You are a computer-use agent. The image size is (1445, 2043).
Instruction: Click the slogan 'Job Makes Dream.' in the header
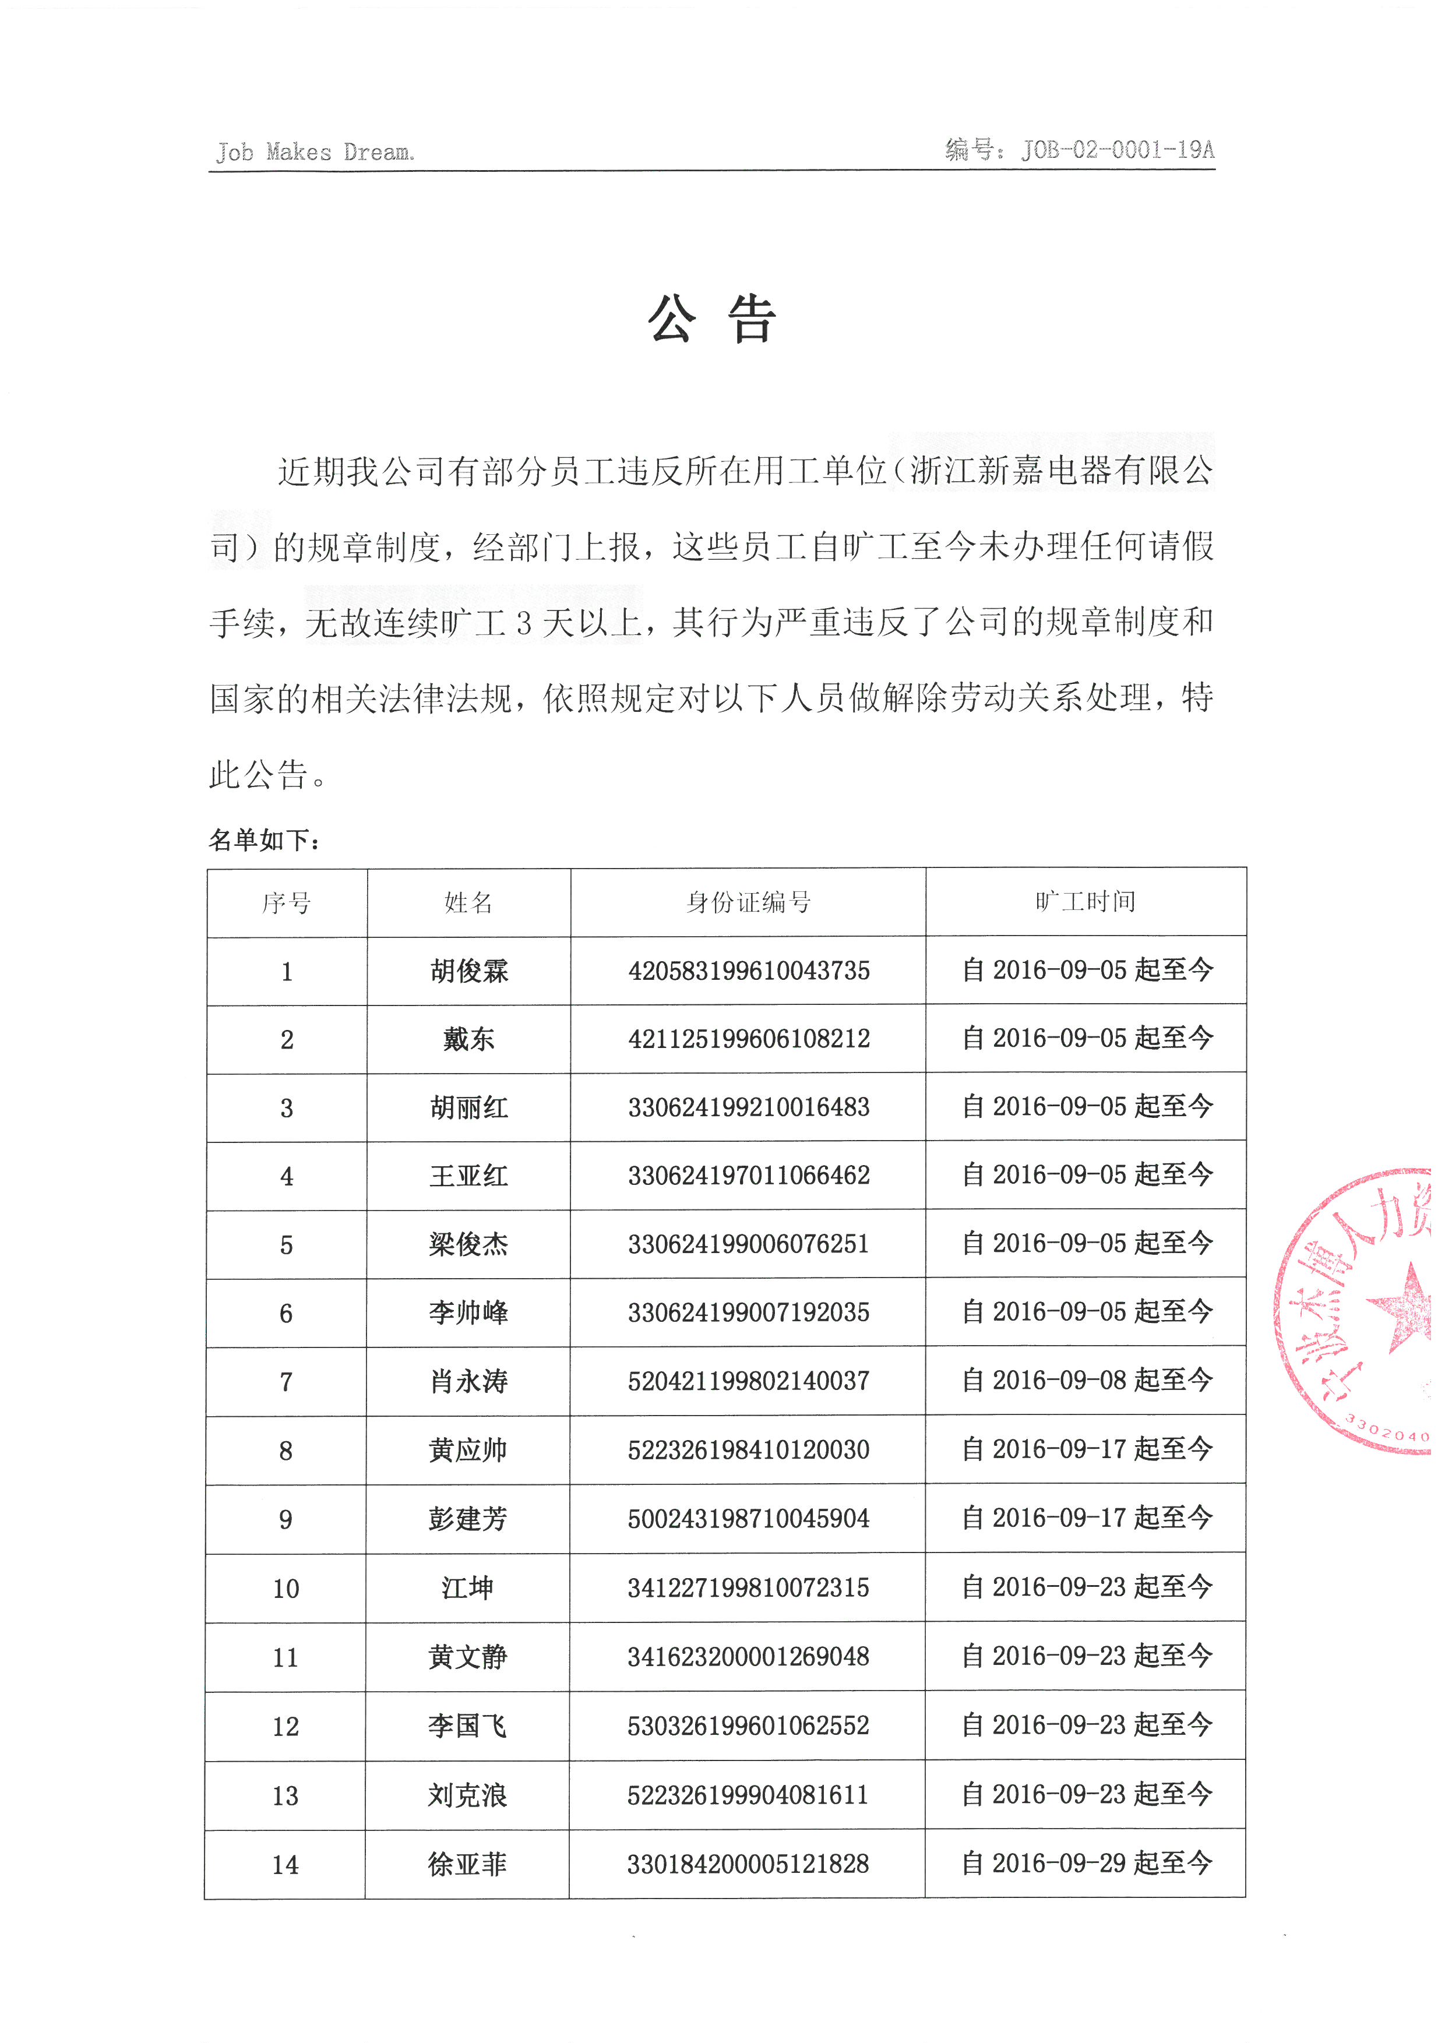pyautogui.click(x=315, y=152)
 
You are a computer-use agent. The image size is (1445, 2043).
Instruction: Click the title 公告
pyautogui.click(x=712, y=319)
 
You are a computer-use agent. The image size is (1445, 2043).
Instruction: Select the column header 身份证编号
pyautogui.click(x=748, y=902)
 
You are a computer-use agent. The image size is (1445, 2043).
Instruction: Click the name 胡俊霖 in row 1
pyautogui.click(x=469, y=971)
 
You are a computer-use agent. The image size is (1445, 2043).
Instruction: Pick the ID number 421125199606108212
pyautogui.click(x=748, y=1039)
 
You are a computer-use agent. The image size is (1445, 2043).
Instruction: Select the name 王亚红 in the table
pyautogui.click(x=469, y=1176)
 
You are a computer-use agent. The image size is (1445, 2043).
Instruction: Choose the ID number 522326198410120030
pyautogui.click(x=748, y=1449)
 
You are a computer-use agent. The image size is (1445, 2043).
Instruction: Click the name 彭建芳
pyautogui.click(x=468, y=1518)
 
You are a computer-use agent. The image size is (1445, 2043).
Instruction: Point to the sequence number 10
pyautogui.click(x=286, y=1588)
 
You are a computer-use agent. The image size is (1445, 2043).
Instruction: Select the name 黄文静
pyautogui.click(x=468, y=1657)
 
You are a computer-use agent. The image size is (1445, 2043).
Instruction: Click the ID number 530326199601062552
pyautogui.click(x=748, y=1726)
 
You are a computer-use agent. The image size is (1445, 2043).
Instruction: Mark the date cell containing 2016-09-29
pyautogui.click(x=1087, y=1862)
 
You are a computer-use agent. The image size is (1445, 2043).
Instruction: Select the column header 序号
pyautogui.click(x=287, y=903)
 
